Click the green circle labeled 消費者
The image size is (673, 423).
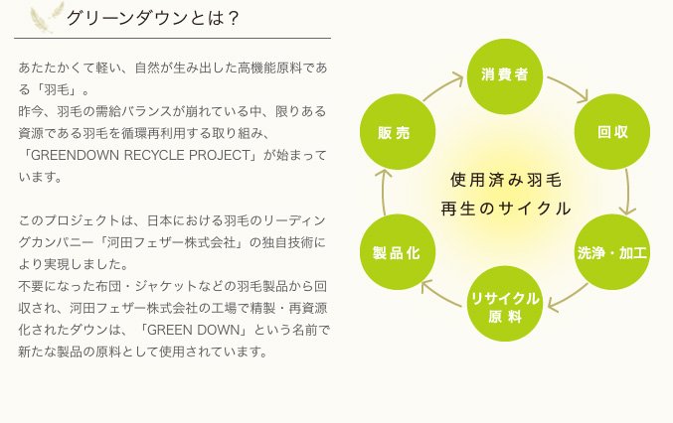click(505, 76)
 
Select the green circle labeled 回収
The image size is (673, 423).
click(612, 132)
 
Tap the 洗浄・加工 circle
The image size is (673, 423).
click(612, 252)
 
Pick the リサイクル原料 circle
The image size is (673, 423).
click(505, 304)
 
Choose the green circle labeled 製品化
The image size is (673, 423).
click(398, 252)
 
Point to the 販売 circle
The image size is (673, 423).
click(398, 132)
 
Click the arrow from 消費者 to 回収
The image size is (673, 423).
click(569, 87)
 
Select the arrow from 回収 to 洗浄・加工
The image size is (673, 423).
click(628, 192)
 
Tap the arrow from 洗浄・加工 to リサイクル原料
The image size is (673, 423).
click(568, 298)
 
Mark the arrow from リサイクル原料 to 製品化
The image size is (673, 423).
click(441, 295)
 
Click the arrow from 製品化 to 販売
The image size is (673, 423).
click(383, 192)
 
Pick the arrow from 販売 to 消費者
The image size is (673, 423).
click(442, 87)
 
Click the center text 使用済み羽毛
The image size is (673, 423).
click(506, 180)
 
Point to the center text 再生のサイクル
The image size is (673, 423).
click(506, 210)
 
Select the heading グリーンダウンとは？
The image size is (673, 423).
click(152, 18)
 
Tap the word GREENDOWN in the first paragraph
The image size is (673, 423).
click(76, 155)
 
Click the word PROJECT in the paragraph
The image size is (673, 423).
click(220, 155)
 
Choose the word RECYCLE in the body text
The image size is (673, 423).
click(154, 155)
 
